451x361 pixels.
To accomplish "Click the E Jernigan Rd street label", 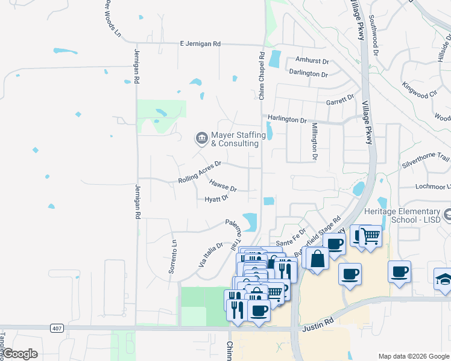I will pyautogui.click(x=201, y=44).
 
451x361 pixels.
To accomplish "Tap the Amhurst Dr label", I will pyautogui.click(x=312, y=61).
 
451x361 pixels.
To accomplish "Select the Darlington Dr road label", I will pyautogui.click(x=308, y=74).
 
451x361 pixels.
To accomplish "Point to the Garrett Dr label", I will pyautogui.click(x=340, y=100).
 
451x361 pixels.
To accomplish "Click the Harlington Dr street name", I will pyautogui.click(x=288, y=119).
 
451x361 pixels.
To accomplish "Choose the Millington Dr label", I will pyautogui.click(x=315, y=142).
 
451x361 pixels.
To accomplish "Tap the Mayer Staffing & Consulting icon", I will pyautogui.click(x=201, y=139).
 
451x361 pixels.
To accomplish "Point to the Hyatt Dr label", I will pyautogui.click(x=216, y=199).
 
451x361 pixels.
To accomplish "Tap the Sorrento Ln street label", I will pyautogui.click(x=172, y=257).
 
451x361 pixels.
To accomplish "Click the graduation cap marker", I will pyautogui.click(x=443, y=279).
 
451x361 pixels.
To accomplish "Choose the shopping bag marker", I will pyautogui.click(x=317, y=258).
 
